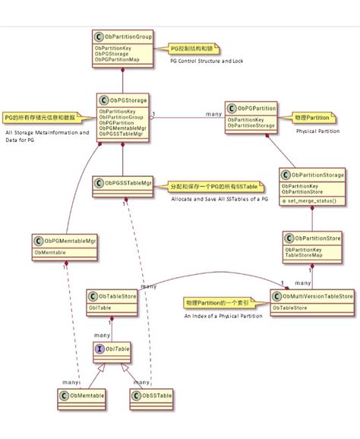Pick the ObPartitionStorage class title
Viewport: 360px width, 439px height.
click(x=317, y=175)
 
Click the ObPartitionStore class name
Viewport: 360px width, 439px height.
click(x=317, y=238)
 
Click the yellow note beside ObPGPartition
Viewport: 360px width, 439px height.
click(x=314, y=118)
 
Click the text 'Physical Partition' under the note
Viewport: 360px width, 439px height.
click(x=318, y=131)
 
